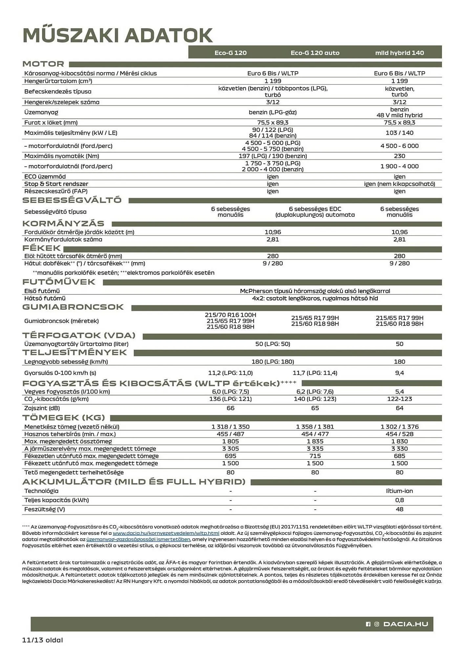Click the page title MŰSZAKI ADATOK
pyautogui.click(x=117, y=35)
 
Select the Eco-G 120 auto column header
pyautogui.click(x=315, y=53)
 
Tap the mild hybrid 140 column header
pyautogui.click(x=399, y=53)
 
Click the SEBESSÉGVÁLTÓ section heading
pyautogui.click(x=72, y=200)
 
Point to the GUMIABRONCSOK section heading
pyautogui.click(x=73, y=307)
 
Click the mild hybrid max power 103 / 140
pyautogui.click(x=399, y=133)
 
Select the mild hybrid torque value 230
pyautogui.click(x=399, y=156)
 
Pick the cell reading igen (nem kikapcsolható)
pyautogui.click(x=399, y=184)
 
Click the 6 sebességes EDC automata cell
pyautogui.click(x=315, y=212)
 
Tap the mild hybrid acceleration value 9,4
pyautogui.click(x=399, y=373)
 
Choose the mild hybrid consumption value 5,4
pyautogui.click(x=399, y=392)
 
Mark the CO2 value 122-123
pyautogui.click(x=399, y=399)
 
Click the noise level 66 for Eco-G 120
pyautogui.click(x=230, y=408)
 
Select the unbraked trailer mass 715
pyautogui.click(x=315, y=456)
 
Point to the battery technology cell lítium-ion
pyautogui.click(x=399, y=491)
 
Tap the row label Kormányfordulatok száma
pyautogui.click(x=63, y=239)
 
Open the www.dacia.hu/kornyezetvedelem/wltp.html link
pyautogui.click(x=166, y=534)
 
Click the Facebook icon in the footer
pyautogui.click(x=368, y=624)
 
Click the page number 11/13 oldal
pyautogui.click(x=42, y=640)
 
